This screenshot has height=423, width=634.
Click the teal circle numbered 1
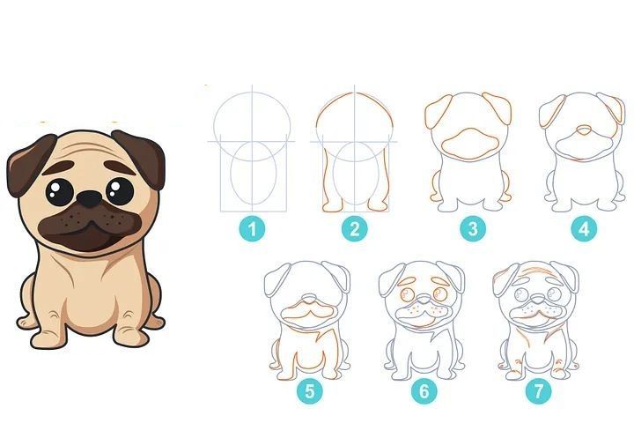coord(253,229)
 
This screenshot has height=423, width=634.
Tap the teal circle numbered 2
coord(355,229)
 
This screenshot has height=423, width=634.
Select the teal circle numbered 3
coord(473,228)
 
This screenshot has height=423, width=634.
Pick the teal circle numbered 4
coord(584,229)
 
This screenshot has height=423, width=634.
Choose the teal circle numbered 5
coord(310,391)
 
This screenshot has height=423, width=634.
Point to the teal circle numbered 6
coord(424,391)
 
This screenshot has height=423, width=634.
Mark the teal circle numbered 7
coord(539,391)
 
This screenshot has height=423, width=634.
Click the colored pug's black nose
coord(89,199)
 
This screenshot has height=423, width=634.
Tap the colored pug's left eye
coord(60,192)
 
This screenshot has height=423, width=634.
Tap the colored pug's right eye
coord(120,191)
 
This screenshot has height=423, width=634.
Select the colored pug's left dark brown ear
coord(29,164)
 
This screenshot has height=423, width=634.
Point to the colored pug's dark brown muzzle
coord(90,226)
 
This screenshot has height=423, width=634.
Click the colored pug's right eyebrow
coord(120,167)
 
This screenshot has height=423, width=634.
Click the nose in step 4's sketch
coord(583,130)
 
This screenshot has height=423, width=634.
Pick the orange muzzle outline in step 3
coord(469,145)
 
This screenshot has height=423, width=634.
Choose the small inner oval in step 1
coord(254,173)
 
